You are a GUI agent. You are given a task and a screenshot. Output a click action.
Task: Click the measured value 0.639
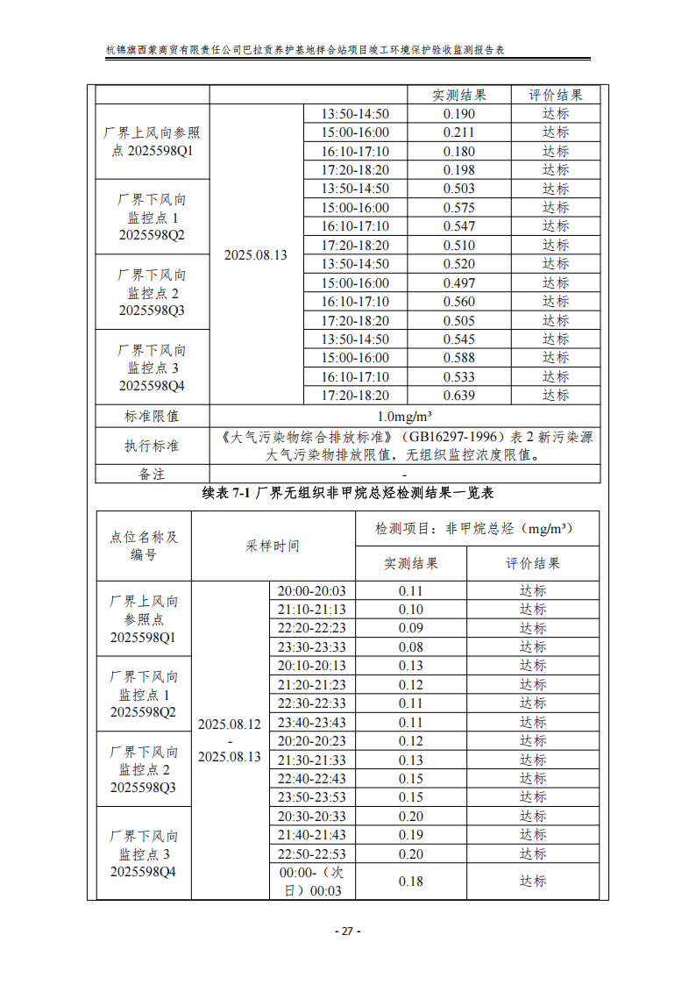point(459,396)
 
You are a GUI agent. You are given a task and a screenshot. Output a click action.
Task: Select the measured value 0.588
point(459,358)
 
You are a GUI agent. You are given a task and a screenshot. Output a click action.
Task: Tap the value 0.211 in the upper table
point(459,132)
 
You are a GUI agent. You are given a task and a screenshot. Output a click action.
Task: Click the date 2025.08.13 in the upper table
point(256,255)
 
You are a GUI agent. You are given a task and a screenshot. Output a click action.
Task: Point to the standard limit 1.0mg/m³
point(405,416)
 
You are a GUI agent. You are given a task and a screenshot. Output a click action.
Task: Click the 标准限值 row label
point(152,416)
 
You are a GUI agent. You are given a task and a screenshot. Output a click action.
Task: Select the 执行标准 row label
point(152,446)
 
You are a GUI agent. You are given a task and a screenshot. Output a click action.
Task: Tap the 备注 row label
point(152,474)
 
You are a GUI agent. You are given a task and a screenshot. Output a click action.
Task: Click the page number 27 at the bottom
point(347,931)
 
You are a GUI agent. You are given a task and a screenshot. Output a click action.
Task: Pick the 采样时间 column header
point(273,546)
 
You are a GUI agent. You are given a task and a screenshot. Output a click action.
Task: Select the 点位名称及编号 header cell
point(144,546)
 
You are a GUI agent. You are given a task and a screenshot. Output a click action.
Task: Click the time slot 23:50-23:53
point(312,797)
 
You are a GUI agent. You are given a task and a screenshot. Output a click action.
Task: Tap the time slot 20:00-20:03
point(312,591)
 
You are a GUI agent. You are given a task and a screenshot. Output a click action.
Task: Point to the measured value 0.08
point(411,647)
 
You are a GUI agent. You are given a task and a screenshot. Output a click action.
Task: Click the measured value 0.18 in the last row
point(411,881)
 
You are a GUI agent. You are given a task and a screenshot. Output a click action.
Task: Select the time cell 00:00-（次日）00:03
point(312,882)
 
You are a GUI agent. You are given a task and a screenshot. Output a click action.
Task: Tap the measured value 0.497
point(459,283)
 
